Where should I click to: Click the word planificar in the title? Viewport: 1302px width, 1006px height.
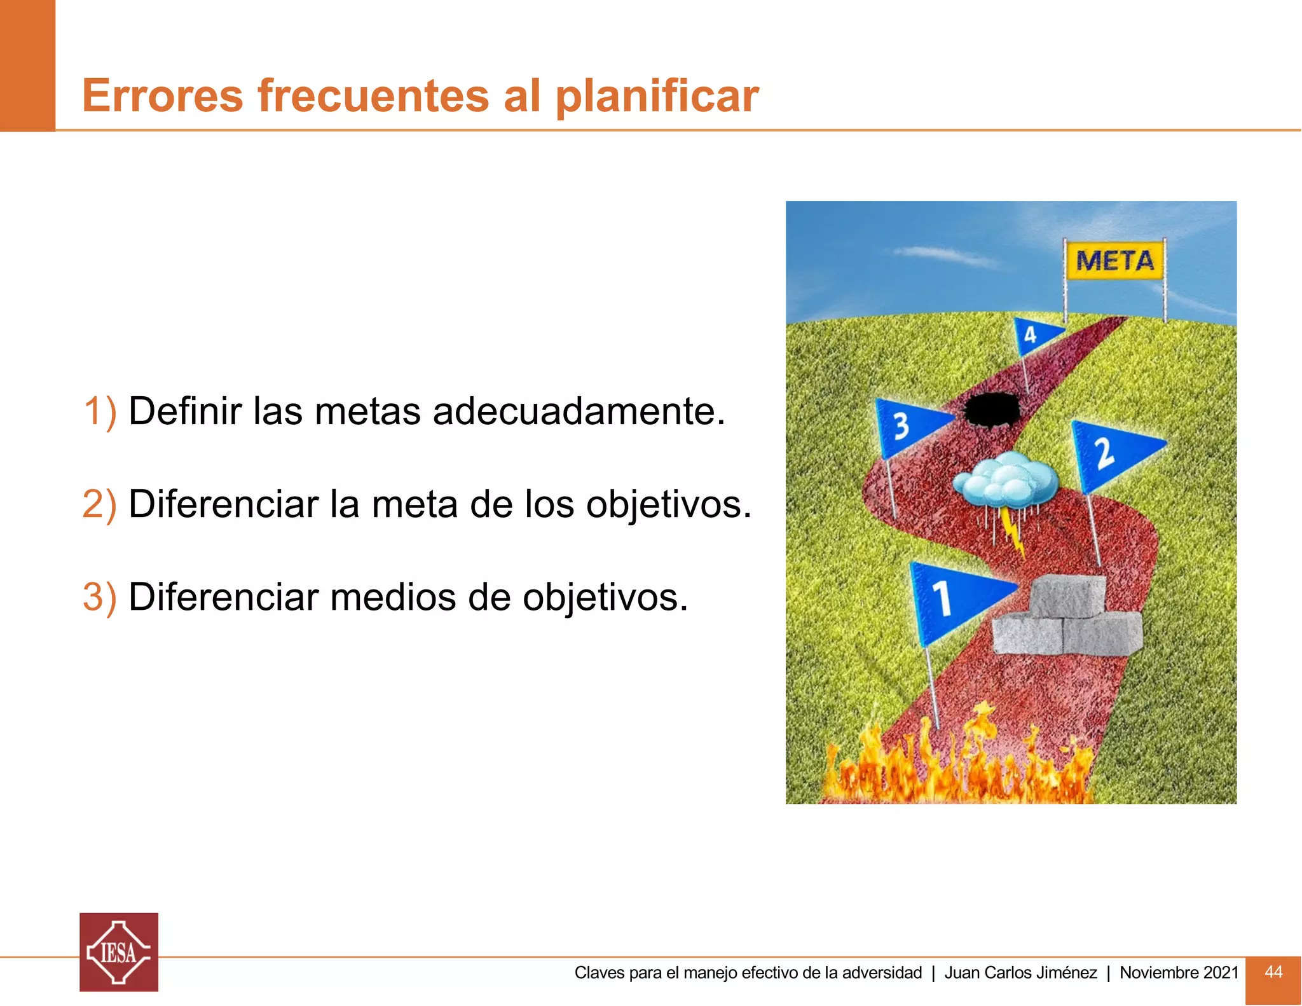tap(657, 97)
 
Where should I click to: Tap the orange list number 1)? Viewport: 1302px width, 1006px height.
tap(100, 411)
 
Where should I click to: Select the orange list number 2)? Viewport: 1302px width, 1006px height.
tap(100, 504)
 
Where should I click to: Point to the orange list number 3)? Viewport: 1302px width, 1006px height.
tap(100, 597)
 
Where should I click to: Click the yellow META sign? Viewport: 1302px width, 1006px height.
tap(1114, 260)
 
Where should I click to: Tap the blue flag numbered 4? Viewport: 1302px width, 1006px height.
tap(1034, 334)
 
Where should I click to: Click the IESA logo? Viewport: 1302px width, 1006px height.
tap(119, 952)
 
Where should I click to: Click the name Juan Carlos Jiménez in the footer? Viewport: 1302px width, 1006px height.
tap(1020, 972)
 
